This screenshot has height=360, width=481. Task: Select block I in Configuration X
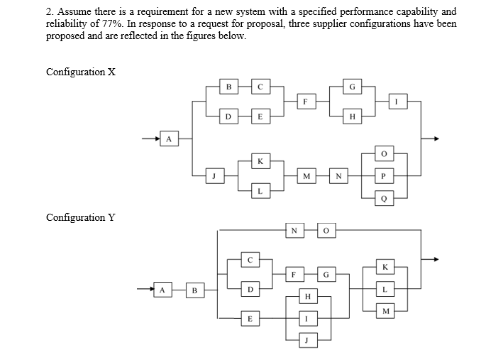pyautogui.click(x=397, y=101)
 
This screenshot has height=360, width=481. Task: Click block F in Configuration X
pyautogui.click(x=304, y=101)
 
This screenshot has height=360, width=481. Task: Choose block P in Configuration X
pyautogui.click(x=385, y=175)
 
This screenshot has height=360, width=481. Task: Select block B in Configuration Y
pyautogui.click(x=194, y=290)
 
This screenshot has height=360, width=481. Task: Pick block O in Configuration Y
pyautogui.click(x=327, y=229)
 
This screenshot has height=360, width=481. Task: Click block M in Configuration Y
pyautogui.click(x=385, y=310)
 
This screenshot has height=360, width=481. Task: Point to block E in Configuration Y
pyautogui.click(x=248, y=320)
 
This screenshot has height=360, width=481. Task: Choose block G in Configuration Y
pyautogui.click(x=326, y=273)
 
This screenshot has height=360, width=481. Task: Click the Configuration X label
pyautogui.click(x=80, y=72)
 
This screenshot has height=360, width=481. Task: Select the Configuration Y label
pyautogui.click(x=80, y=217)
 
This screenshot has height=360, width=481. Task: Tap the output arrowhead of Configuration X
pyautogui.click(x=436, y=138)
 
